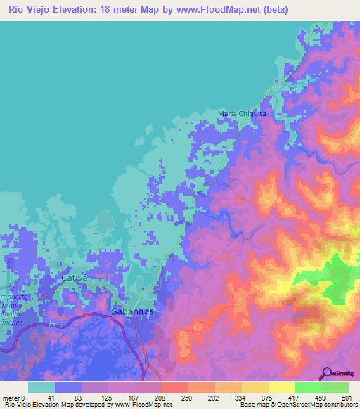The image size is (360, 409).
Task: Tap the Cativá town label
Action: point(74,278)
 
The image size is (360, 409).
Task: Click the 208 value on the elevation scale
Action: point(161,398)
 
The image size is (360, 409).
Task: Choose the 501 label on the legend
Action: point(347,398)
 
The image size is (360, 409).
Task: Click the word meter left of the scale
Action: point(11,398)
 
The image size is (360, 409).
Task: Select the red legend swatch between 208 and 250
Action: point(174,387)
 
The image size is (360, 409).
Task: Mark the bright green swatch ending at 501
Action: point(335,387)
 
